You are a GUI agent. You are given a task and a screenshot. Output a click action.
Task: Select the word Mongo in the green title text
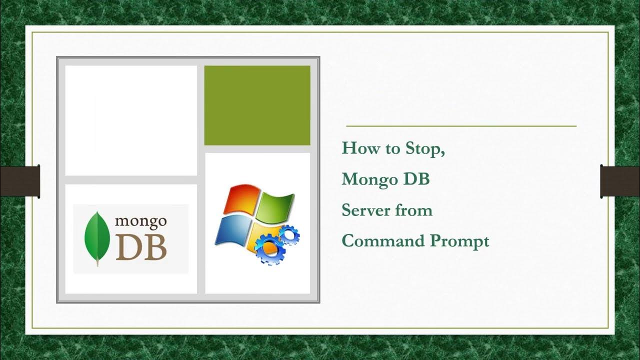[x=369, y=179]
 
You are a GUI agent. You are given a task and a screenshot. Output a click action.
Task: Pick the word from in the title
[x=413, y=210]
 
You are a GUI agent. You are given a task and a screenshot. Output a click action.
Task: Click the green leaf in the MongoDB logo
[x=97, y=237]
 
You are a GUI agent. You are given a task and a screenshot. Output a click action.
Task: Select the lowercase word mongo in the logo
[x=140, y=220]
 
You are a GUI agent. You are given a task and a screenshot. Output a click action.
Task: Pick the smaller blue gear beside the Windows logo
[x=288, y=234]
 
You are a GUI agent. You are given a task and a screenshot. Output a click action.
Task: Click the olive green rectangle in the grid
[x=257, y=105]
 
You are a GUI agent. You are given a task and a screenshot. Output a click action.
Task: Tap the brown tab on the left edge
[x=19, y=181]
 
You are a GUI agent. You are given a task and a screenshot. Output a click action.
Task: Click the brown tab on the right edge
[x=620, y=181]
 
